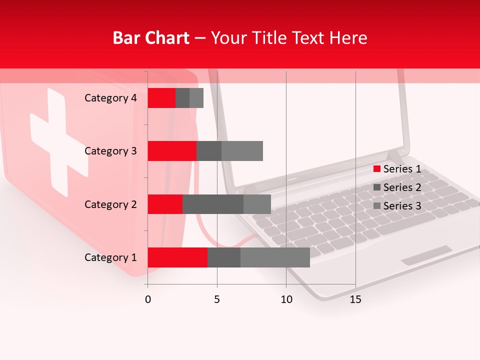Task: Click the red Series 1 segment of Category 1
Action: point(177,257)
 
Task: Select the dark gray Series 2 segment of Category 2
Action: point(213,204)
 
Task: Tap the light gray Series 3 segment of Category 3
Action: point(242,151)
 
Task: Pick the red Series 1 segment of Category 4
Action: point(161,98)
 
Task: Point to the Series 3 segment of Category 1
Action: point(275,257)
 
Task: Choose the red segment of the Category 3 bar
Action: point(172,151)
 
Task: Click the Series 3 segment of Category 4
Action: point(196,98)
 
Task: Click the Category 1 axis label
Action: point(110,257)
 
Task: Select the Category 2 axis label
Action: point(110,204)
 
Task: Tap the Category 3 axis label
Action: point(110,151)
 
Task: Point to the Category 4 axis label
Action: point(110,98)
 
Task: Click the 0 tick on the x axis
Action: point(148,299)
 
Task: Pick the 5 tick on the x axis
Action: point(217,299)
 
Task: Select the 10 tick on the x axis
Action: point(286,299)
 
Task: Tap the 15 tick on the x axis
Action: point(355,299)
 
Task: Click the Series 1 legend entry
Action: point(397,169)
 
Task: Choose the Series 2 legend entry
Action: point(397,187)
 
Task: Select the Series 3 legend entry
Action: point(397,206)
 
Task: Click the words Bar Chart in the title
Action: point(151,37)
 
